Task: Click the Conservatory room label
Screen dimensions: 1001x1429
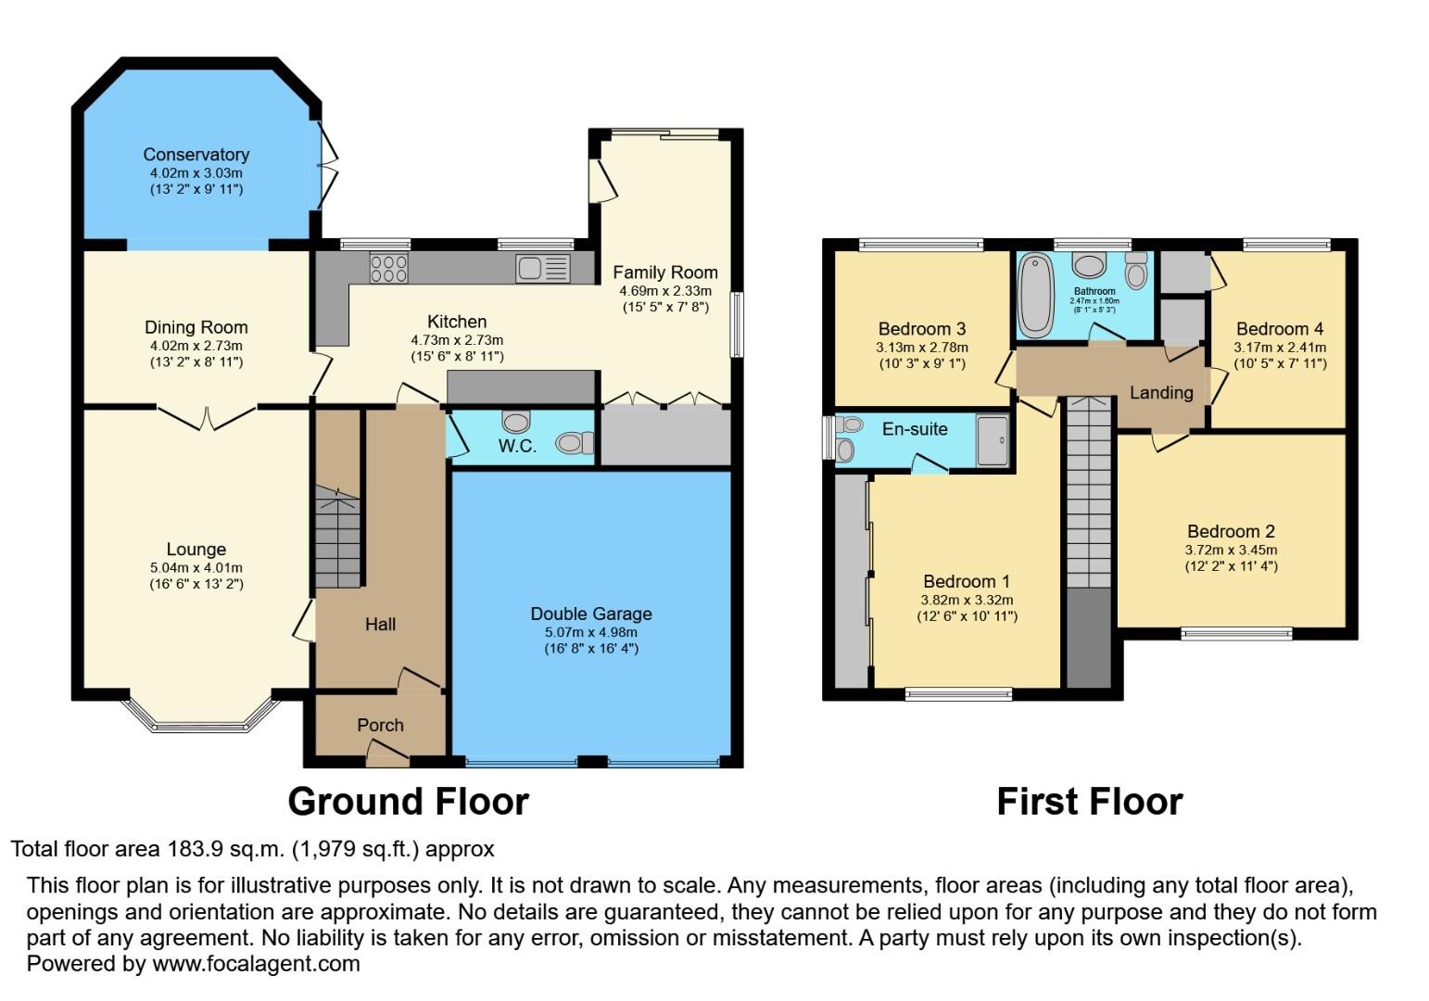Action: coord(196,155)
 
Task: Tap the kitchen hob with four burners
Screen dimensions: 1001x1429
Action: coord(388,268)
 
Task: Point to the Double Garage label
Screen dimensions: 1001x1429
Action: coord(590,614)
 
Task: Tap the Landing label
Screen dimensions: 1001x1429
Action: coord(1160,392)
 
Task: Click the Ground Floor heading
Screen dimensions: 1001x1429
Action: coord(408,802)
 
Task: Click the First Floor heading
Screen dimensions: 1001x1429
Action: coord(1089,802)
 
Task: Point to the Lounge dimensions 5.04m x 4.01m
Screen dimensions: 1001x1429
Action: coord(196,567)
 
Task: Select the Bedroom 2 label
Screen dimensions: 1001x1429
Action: coord(1231,531)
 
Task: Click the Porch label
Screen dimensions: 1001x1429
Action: coord(380,725)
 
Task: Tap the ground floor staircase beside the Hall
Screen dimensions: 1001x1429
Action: coord(337,539)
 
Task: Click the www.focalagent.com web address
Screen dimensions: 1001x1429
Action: coord(256,963)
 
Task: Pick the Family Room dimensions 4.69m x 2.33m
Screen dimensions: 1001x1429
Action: coord(664,290)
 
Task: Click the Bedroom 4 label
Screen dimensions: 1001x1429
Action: coord(1279,329)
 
